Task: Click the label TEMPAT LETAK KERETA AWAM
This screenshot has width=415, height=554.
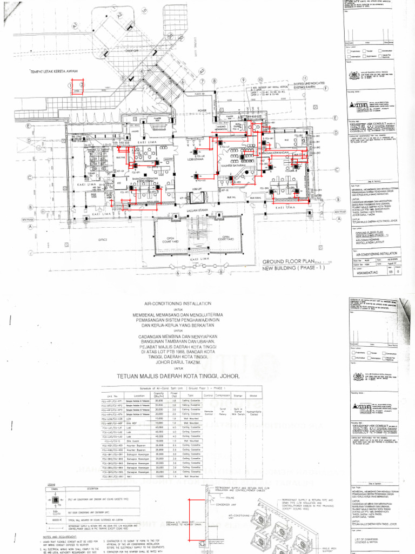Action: pos(55,71)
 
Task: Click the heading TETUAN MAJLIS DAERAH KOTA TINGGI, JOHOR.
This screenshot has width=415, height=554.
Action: pos(182,375)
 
